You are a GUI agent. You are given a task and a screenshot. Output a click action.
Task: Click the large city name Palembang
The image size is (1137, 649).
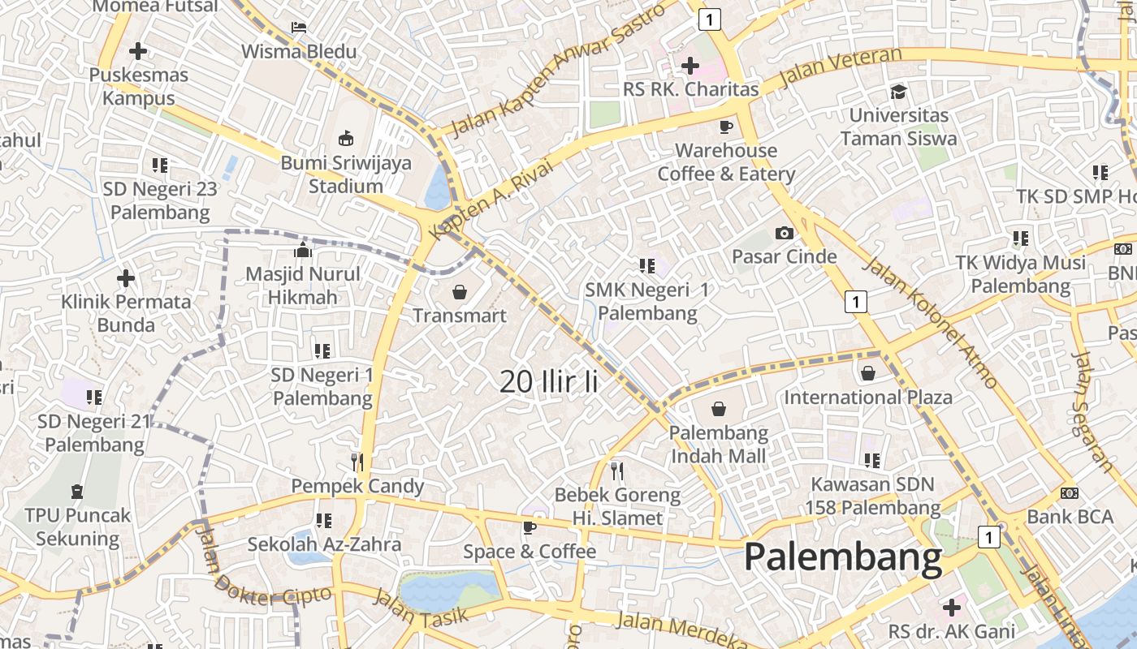(x=843, y=557)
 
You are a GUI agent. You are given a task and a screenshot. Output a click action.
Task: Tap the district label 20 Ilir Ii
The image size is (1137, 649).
(x=549, y=381)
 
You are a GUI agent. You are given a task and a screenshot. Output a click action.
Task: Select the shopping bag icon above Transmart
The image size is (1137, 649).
(x=460, y=291)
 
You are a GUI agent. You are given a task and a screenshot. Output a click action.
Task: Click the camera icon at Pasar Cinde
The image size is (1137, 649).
(x=784, y=234)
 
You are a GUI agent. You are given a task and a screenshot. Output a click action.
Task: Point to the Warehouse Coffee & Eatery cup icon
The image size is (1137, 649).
(x=725, y=127)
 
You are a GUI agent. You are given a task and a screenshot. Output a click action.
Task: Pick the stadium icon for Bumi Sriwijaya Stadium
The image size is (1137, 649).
(x=346, y=137)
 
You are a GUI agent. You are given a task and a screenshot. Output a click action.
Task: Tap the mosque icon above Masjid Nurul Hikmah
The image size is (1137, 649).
(x=303, y=249)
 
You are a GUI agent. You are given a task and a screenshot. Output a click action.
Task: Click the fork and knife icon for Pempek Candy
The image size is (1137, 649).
(x=357, y=462)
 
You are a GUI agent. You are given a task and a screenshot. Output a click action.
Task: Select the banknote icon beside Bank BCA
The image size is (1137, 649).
(x=1070, y=493)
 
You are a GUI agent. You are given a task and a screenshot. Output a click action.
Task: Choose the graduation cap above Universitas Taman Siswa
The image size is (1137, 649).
(x=898, y=92)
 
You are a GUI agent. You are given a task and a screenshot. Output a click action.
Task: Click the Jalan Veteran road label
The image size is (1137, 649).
(x=840, y=68)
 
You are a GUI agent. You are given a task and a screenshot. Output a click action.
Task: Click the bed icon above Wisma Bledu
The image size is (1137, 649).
(x=299, y=28)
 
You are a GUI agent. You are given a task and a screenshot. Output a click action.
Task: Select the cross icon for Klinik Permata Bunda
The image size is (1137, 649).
(x=126, y=278)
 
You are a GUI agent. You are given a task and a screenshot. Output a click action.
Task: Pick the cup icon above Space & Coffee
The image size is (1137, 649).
(x=530, y=528)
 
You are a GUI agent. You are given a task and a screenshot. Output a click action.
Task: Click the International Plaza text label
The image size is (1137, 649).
(x=867, y=398)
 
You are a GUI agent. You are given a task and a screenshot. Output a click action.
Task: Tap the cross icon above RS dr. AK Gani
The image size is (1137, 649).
(x=951, y=607)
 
